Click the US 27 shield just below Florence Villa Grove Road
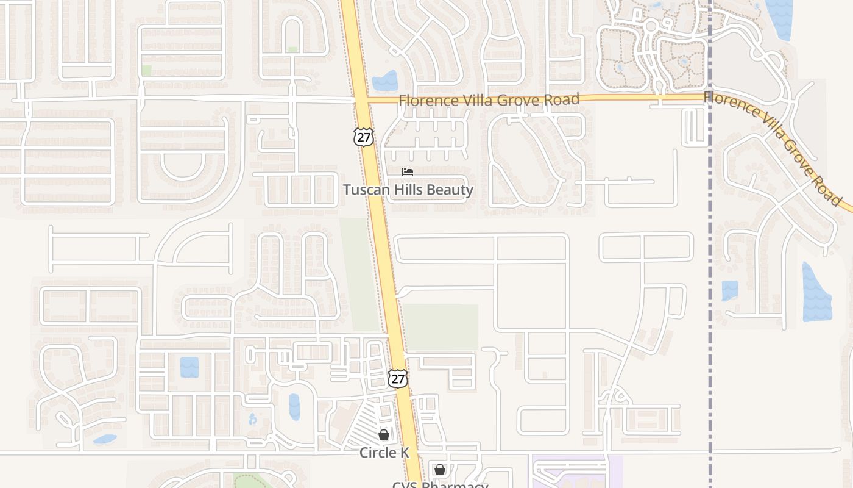pos(363,137)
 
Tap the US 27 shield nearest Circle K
pos(397,378)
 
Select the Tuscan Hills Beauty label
pos(408,190)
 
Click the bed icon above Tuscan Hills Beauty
pos(408,172)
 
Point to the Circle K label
pos(384,453)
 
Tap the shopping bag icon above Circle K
pos(384,435)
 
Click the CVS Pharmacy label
pos(440,485)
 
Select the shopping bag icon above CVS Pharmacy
pos(440,470)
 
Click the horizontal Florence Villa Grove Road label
pos(489,99)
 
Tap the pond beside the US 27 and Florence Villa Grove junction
pos(385,81)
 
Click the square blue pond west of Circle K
pos(189,367)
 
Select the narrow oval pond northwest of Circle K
pos(294,407)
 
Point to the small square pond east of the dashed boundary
pos(729,290)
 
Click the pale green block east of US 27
pos(441,327)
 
